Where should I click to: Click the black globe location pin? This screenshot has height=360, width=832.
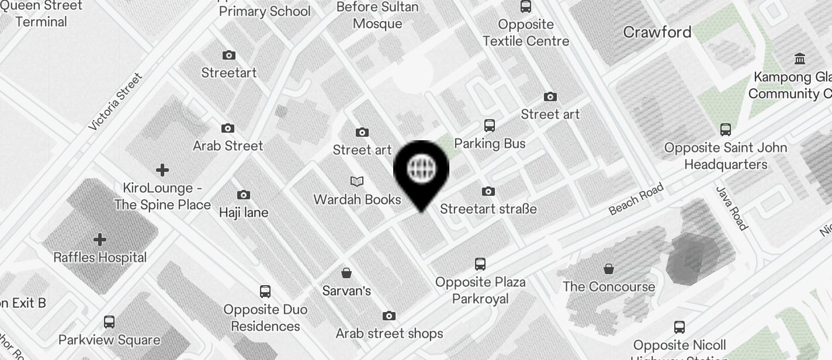pyautogui.click(x=421, y=169)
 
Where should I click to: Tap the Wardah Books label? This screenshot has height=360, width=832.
pyautogui.click(x=357, y=199)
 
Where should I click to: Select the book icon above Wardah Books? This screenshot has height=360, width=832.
pyautogui.click(x=356, y=182)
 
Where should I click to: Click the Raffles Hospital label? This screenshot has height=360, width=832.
pyautogui.click(x=100, y=257)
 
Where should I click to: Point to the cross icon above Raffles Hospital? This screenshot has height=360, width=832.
pyautogui.click(x=100, y=240)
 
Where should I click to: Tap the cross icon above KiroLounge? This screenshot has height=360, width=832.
pyautogui.click(x=162, y=170)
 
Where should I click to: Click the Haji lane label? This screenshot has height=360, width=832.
pyautogui.click(x=244, y=212)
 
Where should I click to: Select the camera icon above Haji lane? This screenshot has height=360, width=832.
pyautogui.click(x=244, y=195)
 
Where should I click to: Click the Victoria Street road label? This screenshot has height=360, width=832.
pyautogui.click(x=115, y=102)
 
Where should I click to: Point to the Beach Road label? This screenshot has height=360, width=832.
pyautogui.click(x=636, y=199)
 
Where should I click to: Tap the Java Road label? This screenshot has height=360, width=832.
pyautogui.click(x=732, y=209)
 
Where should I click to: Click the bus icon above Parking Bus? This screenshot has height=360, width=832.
pyautogui.click(x=490, y=126)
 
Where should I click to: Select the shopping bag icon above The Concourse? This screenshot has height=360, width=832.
pyautogui.click(x=609, y=269)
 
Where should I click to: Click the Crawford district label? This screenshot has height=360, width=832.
pyautogui.click(x=657, y=32)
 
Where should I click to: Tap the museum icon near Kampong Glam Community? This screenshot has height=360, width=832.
pyautogui.click(x=800, y=59)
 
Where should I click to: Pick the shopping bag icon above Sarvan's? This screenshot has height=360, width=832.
pyautogui.click(x=346, y=273)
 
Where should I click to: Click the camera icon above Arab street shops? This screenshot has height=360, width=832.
pyautogui.click(x=389, y=316)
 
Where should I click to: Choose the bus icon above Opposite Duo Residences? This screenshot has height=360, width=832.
pyautogui.click(x=265, y=292)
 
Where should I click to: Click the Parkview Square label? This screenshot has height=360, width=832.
pyautogui.click(x=109, y=340)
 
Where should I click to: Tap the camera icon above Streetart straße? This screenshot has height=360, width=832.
pyautogui.click(x=488, y=191)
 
